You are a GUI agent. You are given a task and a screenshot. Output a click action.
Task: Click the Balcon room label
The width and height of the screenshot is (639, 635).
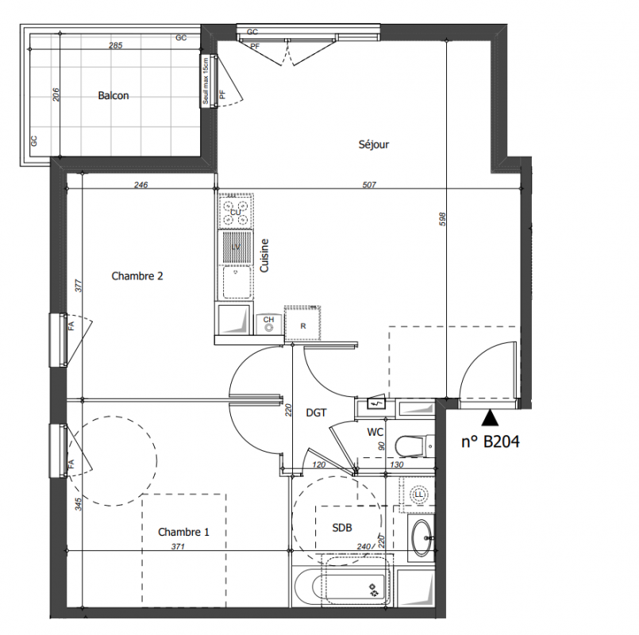click(114, 95)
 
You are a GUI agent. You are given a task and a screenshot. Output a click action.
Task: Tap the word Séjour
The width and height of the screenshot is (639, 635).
click(374, 144)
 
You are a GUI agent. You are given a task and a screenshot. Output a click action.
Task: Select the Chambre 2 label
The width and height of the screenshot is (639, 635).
click(137, 276)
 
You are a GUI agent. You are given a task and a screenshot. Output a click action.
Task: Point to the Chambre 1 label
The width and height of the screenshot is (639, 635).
click(183, 532)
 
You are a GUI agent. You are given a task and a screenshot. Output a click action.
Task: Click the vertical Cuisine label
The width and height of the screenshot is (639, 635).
click(264, 256)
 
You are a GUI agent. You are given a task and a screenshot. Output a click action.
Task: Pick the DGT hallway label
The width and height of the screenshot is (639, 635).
click(316, 413)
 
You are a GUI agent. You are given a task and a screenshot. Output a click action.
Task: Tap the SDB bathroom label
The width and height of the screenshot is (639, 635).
click(341, 528)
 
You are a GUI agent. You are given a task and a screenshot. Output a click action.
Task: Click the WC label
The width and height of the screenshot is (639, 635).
click(375, 432)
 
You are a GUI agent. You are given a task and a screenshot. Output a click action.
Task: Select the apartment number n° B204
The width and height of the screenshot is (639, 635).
click(491, 442)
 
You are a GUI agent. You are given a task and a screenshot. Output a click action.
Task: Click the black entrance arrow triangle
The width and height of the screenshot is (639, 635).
click(490, 418)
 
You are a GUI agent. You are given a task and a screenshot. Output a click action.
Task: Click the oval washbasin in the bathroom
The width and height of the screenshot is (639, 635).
click(422, 538)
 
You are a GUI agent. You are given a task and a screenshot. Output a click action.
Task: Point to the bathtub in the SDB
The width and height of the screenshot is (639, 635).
click(343, 586)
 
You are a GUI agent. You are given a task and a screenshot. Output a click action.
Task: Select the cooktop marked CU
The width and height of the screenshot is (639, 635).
click(236, 210)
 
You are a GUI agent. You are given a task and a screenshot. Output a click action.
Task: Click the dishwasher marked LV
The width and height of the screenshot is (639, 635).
click(236, 247)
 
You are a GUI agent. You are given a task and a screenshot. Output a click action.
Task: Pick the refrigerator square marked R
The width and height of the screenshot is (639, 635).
click(302, 323)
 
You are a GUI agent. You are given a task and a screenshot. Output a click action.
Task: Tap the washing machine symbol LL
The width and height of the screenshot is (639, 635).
click(418, 495)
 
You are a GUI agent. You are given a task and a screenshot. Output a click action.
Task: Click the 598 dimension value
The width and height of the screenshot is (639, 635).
click(443, 219)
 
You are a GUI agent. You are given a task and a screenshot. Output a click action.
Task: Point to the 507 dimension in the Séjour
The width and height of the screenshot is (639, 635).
click(369, 185)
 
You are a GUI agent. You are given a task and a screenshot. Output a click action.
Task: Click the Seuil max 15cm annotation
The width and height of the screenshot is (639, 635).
click(206, 81)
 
